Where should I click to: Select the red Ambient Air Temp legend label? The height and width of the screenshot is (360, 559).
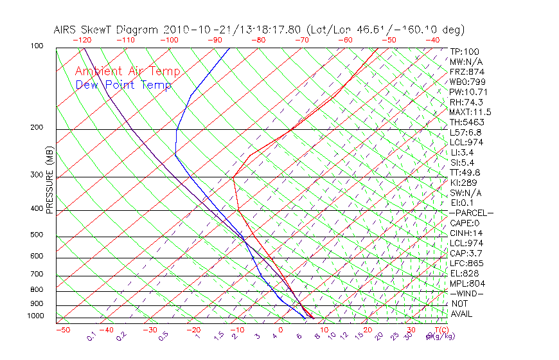127,71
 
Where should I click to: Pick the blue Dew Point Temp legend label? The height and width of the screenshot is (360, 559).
123,85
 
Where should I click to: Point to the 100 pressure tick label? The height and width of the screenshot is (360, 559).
37,46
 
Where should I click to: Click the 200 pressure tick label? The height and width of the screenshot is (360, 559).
37,128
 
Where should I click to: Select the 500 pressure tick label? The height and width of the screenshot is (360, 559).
37,235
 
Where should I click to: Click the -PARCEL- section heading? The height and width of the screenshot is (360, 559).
471,213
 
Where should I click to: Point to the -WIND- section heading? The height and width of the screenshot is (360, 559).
467,293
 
